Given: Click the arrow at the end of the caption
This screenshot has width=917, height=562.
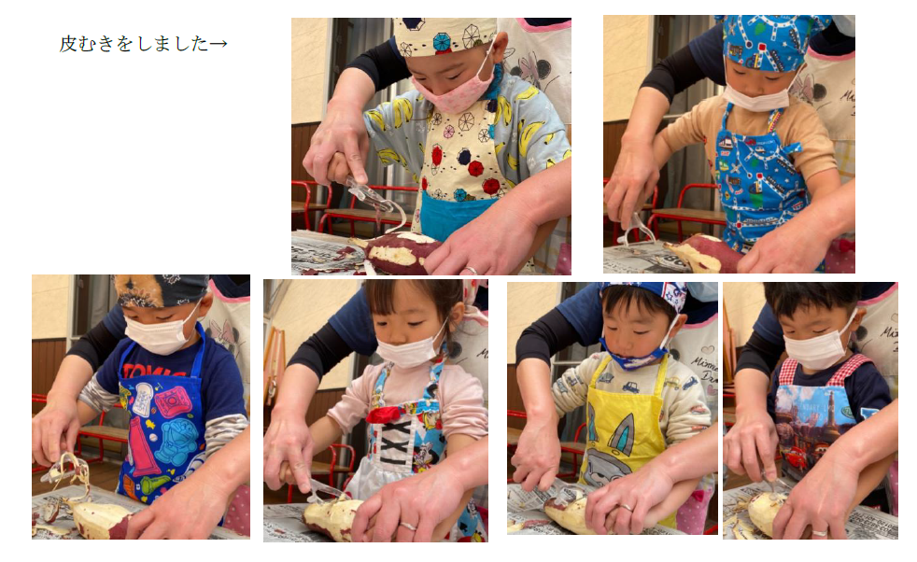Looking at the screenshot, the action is click(x=219, y=44).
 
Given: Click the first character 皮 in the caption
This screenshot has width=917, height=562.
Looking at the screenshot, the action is click(x=68, y=44).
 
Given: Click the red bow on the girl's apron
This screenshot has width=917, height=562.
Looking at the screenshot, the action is click(x=385, y=414).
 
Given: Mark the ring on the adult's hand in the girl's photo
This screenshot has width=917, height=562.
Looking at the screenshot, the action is click(x=408, y=527).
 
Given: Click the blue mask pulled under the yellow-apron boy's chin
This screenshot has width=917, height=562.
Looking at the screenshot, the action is click(x=635, y=358).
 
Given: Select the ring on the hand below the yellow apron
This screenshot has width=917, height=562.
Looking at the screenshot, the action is click(x=626, y=508).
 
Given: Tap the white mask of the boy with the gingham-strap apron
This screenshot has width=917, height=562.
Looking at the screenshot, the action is click(x=820, y=349).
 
